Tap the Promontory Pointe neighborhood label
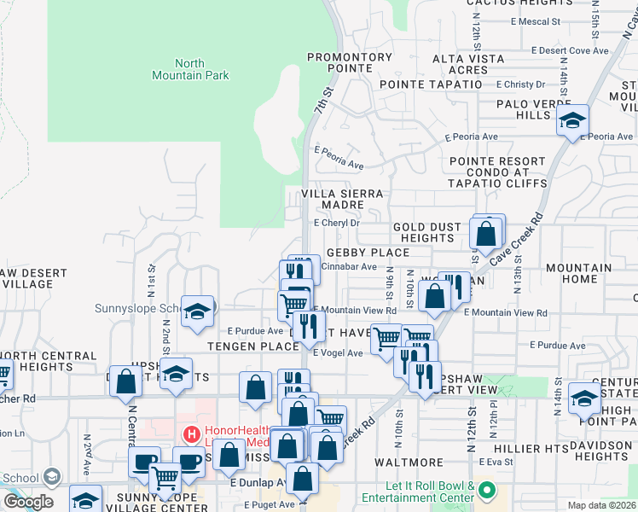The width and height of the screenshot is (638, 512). click(350, 63)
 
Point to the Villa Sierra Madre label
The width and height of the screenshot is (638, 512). click(344, 201)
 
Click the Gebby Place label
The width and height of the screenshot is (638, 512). click(368, 253)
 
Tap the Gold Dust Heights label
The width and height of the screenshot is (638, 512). click(426, 233)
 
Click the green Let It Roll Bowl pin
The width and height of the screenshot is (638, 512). click(487, 491)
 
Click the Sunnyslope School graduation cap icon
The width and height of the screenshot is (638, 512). click(198, 311)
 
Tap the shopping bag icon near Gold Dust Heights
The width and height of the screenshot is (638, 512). click(485, 232)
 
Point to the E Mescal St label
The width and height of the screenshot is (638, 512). click(534, 21)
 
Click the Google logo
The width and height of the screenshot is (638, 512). click(28, 502)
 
